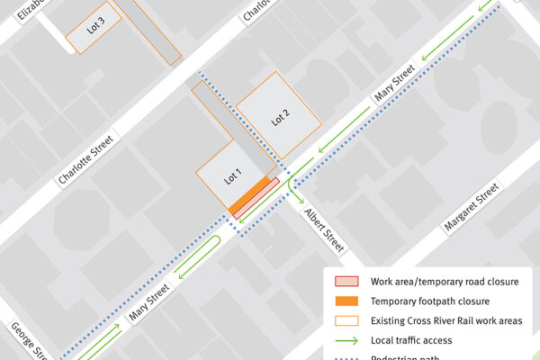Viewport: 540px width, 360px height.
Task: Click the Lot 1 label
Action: pos(233,176)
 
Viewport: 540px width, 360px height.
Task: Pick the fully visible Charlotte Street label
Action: pos(87,159)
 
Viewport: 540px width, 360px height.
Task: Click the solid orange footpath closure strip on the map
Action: pos(252,195)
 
